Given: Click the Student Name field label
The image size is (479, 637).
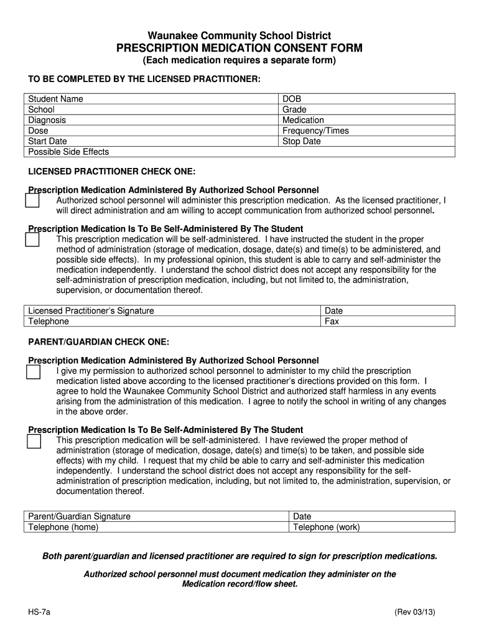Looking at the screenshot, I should click(x=56, y=99).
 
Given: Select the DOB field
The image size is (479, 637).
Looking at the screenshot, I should click(x=367, y=99).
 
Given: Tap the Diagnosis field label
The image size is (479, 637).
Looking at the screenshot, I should click(x=47, y=120).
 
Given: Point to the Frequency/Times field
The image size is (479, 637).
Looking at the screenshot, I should click(x=367, y=131).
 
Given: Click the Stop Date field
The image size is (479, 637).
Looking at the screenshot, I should click(x=367, y=141).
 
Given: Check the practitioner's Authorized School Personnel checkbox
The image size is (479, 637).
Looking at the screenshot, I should click(x=32, y=200).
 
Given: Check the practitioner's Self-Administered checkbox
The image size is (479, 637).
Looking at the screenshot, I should click(x=32, y=239).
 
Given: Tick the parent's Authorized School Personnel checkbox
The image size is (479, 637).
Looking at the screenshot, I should click(x=33, y=371).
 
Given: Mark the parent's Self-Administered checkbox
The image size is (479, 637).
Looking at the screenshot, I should click(x=33, y=440).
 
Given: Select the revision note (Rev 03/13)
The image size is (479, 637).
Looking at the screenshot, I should click(x=414, y=611).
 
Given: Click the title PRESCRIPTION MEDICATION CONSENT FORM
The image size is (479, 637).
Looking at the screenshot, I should click(x=240, y=49).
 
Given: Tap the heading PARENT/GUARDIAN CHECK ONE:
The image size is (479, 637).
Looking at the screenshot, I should click(x=99, y=342).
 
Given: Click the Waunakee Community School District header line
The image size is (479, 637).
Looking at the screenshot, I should click(x=240, y=36).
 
